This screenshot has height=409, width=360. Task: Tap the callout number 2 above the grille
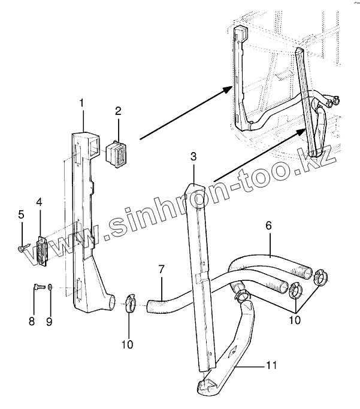coord(118,111)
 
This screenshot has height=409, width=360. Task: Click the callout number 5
coord(20,214)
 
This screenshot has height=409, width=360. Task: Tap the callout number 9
coord(50,321)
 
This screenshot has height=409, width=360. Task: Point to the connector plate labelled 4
coord(41,250)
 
